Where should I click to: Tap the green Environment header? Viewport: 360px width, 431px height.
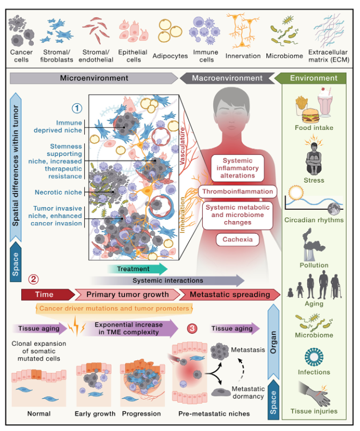click(x=313, y=78)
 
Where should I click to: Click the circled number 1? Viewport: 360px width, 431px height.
click(x=77, y=108)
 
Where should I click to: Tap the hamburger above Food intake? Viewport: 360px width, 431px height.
click(x=307, y=113)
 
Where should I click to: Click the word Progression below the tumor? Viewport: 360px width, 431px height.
click(x=141, y=414)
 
